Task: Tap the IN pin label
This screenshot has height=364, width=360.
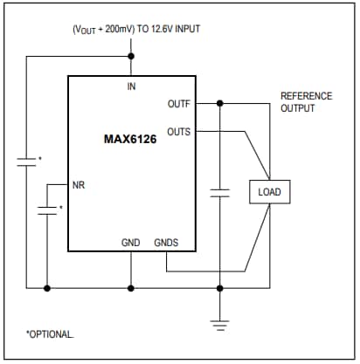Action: point(131,86)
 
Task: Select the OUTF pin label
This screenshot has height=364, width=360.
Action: point(178,103)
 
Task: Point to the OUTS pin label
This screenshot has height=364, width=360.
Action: point(178,131)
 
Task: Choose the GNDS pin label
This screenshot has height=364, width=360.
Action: point(166,242)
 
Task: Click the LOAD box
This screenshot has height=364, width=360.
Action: point(268,191)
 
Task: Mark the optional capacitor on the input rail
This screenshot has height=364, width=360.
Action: point(27,161)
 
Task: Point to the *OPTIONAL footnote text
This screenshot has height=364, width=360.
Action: point(51,334)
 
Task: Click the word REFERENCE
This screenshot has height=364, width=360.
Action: point(303,96)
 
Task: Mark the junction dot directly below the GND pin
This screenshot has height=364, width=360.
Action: point(131,287)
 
